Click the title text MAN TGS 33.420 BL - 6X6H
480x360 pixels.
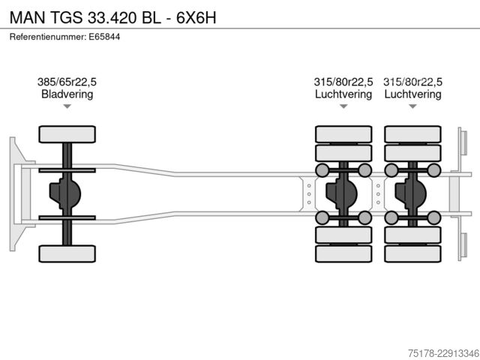pos(113,17)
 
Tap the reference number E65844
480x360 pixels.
pos(104,37)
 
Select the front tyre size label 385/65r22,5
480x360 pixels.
pos(67,82)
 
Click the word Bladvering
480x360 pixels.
pos(67,94)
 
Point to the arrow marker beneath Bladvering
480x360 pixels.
pos(67,106)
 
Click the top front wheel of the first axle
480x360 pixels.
pos(67,134)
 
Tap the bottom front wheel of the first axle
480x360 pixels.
pos(67,253)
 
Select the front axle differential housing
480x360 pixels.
pos(65,193)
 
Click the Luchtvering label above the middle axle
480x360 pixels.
pos(343,94)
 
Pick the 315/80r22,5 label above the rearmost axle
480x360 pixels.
pos(412,82)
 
